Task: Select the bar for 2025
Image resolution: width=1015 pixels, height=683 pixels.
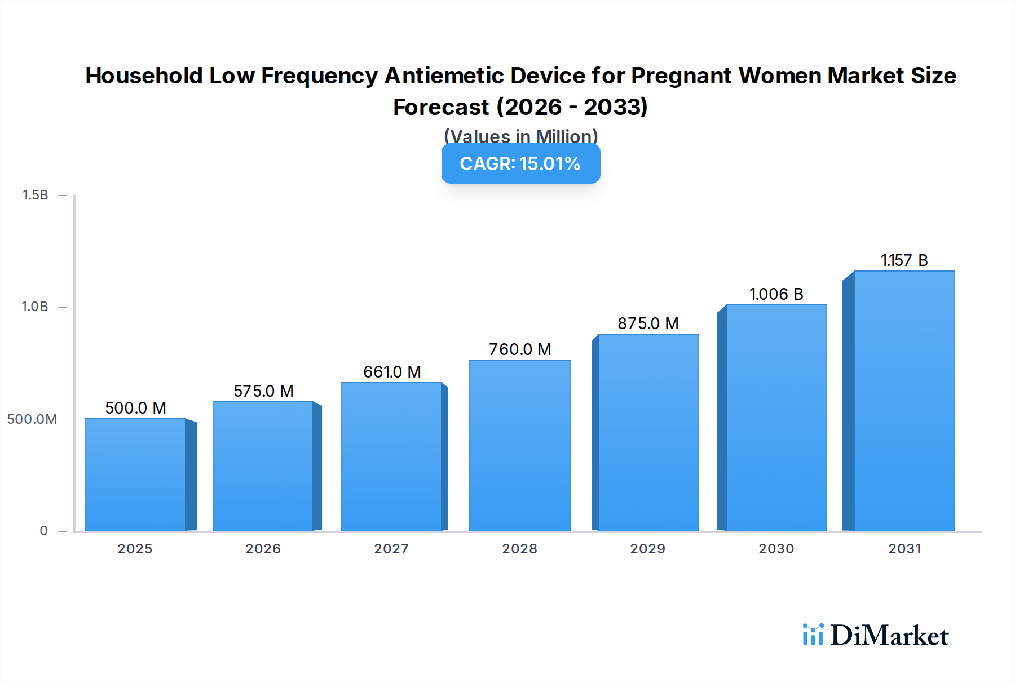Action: coord(135,474)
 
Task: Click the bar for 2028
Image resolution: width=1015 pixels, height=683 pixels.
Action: coord(519,445)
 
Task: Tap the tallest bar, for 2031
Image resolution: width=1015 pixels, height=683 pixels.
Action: coord(904,401)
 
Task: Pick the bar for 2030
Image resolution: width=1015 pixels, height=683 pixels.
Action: coord(776,418)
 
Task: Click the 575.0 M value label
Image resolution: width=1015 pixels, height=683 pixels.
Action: coord(263,391)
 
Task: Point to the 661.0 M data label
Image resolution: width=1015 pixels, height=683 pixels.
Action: coord(392,372)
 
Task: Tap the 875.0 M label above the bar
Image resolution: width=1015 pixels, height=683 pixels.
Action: coord(648,323)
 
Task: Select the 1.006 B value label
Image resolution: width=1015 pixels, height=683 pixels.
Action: coord(776,294)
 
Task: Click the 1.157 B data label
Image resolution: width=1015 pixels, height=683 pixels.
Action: coord(904,260)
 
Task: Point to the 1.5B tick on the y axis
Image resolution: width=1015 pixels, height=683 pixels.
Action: coord(35,195)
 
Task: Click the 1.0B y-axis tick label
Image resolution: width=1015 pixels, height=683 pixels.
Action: coord(35,307)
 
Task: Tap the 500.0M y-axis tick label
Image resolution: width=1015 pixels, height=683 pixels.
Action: coord(32,419)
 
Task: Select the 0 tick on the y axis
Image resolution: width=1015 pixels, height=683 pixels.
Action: coord(43,531)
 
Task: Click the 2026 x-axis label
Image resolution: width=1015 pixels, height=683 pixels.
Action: coord(263,549)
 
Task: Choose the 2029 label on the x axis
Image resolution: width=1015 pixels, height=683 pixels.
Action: coord(647,549)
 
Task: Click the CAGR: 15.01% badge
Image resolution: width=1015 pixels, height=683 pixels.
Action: coord(520,164)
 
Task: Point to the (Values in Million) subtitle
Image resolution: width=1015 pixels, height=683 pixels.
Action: coord(520,136)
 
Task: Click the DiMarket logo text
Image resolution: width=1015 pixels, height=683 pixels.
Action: coord(889,636)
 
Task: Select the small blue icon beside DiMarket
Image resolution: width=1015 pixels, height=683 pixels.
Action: coord(813,635)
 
